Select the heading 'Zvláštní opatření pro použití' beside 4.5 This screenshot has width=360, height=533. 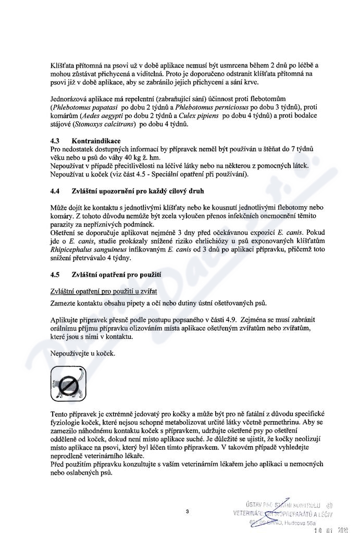click(116, 274)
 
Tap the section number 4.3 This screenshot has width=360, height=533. click(56, 141)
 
